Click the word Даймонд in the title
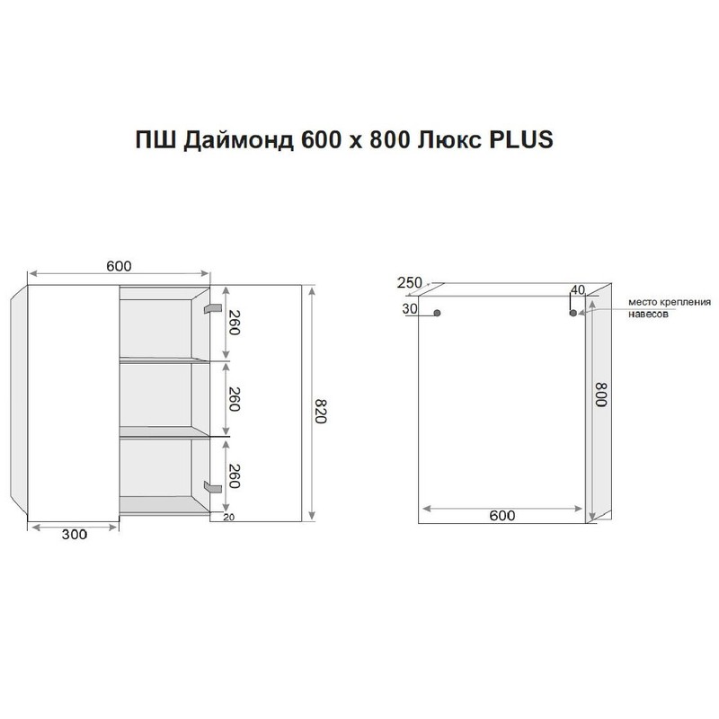pyautogui.click(x=230, y=141)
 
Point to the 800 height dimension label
pyautogui.click(x=599, y=396)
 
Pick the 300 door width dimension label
pyautogui.click(x=74, y=535)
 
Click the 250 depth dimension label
pyautogui.click(x=409, y=283)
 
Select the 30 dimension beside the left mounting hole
pyautogui.click(x=410, y=308)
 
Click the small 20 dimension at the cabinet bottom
pyautogui.click(x=227, y=517)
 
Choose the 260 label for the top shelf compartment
pyautogui.click(x=234, y=321)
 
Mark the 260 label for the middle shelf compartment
pyautogui.click(x=234, y=398)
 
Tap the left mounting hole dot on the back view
pyautogui.click(x=437, y=314)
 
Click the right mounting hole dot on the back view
pyautogui.click(x=573, y=314)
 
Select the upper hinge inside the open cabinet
pyautogui.click(x=212, y=308)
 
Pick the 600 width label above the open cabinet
pyautogui.click(x=119, y=265)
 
